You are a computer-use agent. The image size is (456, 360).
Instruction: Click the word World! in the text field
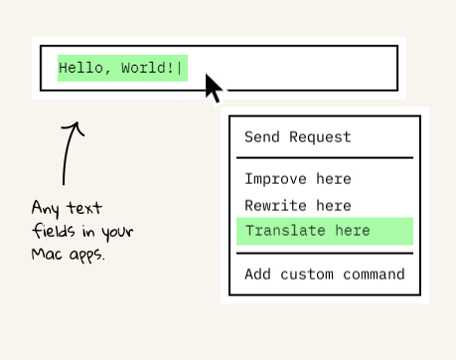point(147,68)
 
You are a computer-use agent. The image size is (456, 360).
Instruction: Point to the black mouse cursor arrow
point(213,88)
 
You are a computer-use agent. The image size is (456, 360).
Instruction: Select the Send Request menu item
point(298,137)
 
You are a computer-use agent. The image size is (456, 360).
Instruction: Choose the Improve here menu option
point(298,179)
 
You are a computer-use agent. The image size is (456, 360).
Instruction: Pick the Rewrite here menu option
point(298,206)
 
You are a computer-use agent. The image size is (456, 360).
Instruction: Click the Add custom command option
point(325,274)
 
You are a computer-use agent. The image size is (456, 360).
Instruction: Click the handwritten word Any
point(46,209)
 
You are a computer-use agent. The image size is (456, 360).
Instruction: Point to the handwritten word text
point(84,208)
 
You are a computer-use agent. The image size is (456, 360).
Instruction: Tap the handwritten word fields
point(54,231)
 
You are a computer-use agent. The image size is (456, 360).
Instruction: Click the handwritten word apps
point(86,256)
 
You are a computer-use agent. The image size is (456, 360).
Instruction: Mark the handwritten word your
point(117,232)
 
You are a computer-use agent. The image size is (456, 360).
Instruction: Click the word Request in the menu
point(320,137)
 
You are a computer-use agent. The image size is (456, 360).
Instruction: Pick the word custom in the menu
point(307,274)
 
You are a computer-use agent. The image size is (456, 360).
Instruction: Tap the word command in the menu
point(374,274)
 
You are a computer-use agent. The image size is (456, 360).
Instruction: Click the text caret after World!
point(180,69)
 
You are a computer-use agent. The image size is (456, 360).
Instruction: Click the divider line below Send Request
point(325,158)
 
